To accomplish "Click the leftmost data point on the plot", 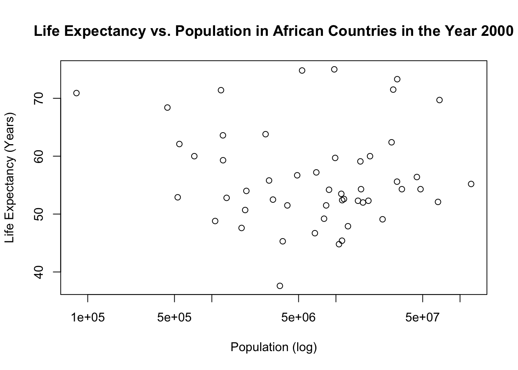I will click(x=76, y=93).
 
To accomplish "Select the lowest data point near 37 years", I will click(x=280, y=286).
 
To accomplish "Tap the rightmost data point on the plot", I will click(x=471, y=184).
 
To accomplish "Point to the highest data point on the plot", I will click(x=334, y=69).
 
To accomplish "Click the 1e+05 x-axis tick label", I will click(x=88, y=317).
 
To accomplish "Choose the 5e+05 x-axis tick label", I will click(x=175, y=317).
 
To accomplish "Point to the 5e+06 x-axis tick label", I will click(x=299, y=317).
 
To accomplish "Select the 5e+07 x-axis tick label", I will click(x=423, y=317).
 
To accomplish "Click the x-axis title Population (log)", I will click(x=274, y=347).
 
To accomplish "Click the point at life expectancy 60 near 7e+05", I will click(x=194, y=156).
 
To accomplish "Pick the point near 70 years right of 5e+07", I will click(x=439, y=100).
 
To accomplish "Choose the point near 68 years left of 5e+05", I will click(x=167, y=108).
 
